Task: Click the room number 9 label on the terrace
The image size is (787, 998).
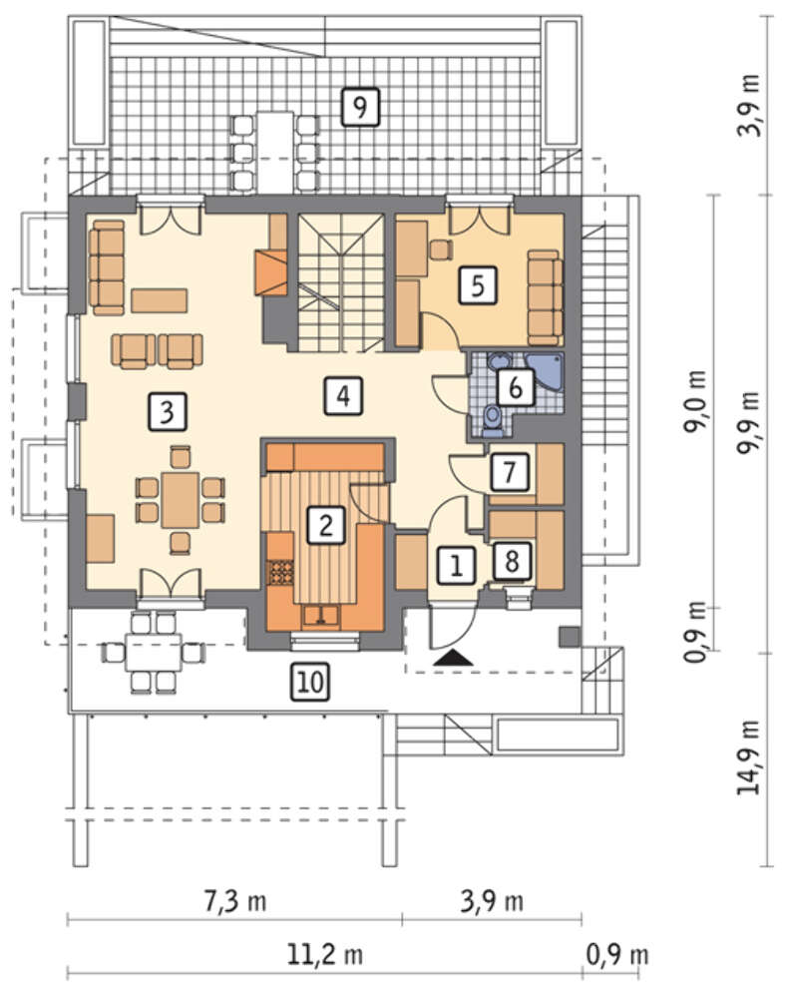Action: click(x=360, y=107)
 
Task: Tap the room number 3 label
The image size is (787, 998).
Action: click(x=167, y=411)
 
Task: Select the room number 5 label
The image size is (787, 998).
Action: click(x=478, y=285)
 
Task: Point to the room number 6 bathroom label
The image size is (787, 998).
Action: click(x=516, y=386)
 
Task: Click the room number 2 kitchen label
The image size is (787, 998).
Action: click(x=326, y=525)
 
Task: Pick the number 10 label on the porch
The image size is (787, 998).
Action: click(x=310, y=682)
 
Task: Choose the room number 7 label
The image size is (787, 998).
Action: click(x=509, y=472)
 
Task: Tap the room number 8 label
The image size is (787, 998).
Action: click(x=512, y=561)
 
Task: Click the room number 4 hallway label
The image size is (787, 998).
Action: click(x=343, y=396)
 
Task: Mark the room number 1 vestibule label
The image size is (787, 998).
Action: click(x=456, y=565)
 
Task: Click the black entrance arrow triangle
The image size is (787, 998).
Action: click(x=453, y=658)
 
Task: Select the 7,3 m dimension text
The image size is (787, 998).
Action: click(x=234, y=901)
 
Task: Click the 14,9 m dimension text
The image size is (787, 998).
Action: click(x=749, y=757)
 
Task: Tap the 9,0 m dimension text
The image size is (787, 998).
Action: click(x=695, y=401)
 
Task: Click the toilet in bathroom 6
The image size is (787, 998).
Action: click(x=493, y=421)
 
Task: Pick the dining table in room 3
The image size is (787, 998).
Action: click(x=181, y=499)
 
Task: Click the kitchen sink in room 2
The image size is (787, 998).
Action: click(x=321, y=616)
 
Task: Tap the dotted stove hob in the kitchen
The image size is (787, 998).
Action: click(x=281, y=572)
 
